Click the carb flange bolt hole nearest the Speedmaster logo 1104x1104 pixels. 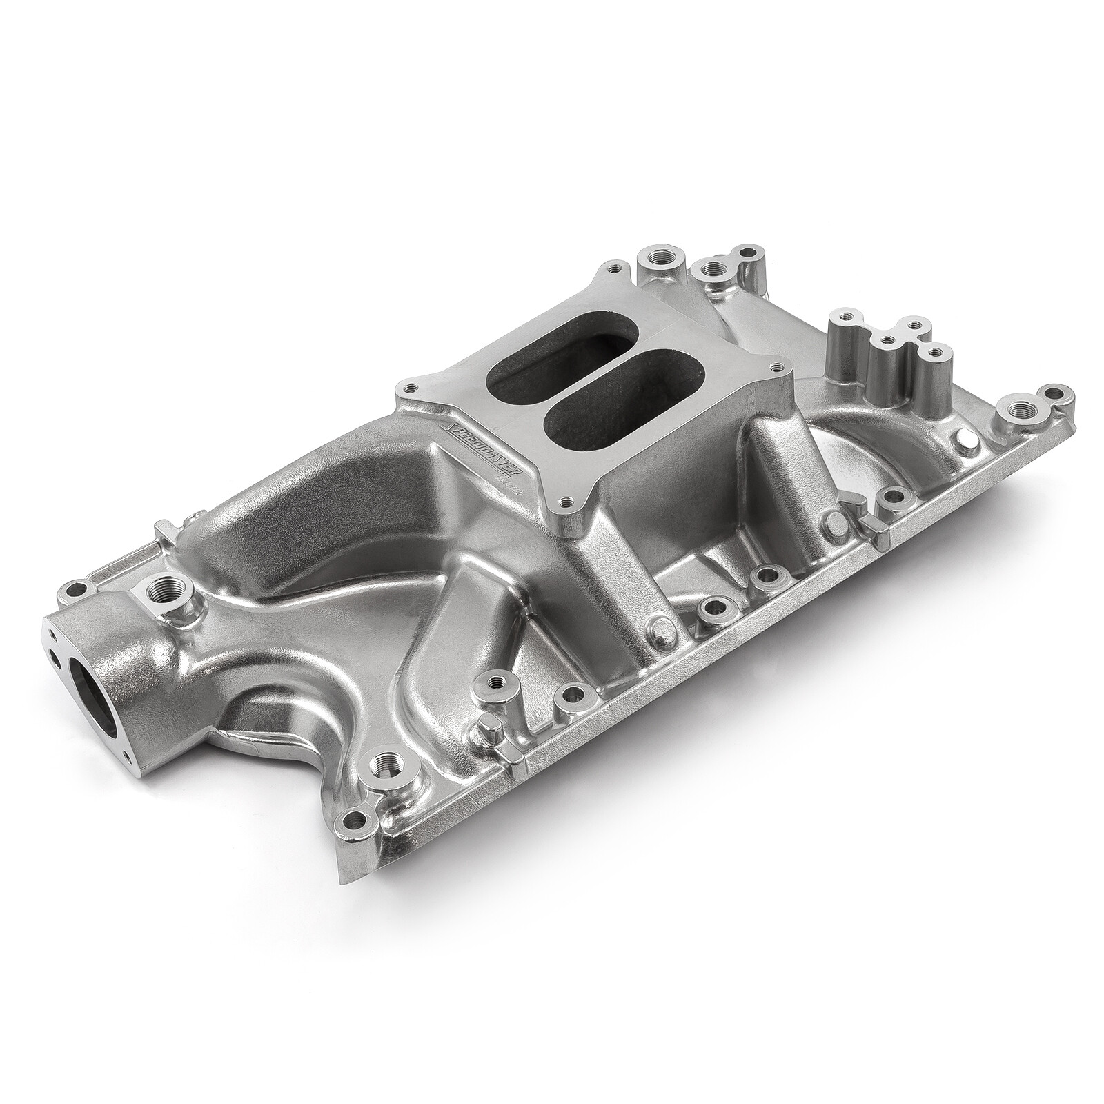pos(412,387)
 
